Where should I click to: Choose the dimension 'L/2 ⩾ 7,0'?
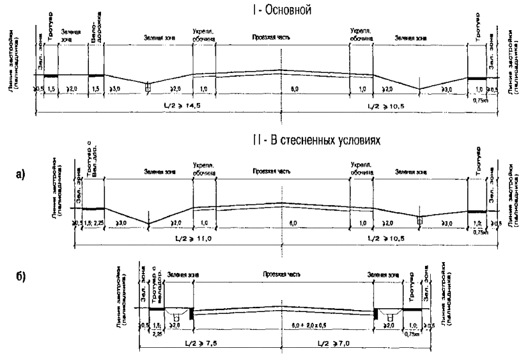[x=346, y=344]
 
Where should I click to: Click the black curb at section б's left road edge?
[x=191, y=313]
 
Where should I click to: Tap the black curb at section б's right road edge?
[x=374, y=313]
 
